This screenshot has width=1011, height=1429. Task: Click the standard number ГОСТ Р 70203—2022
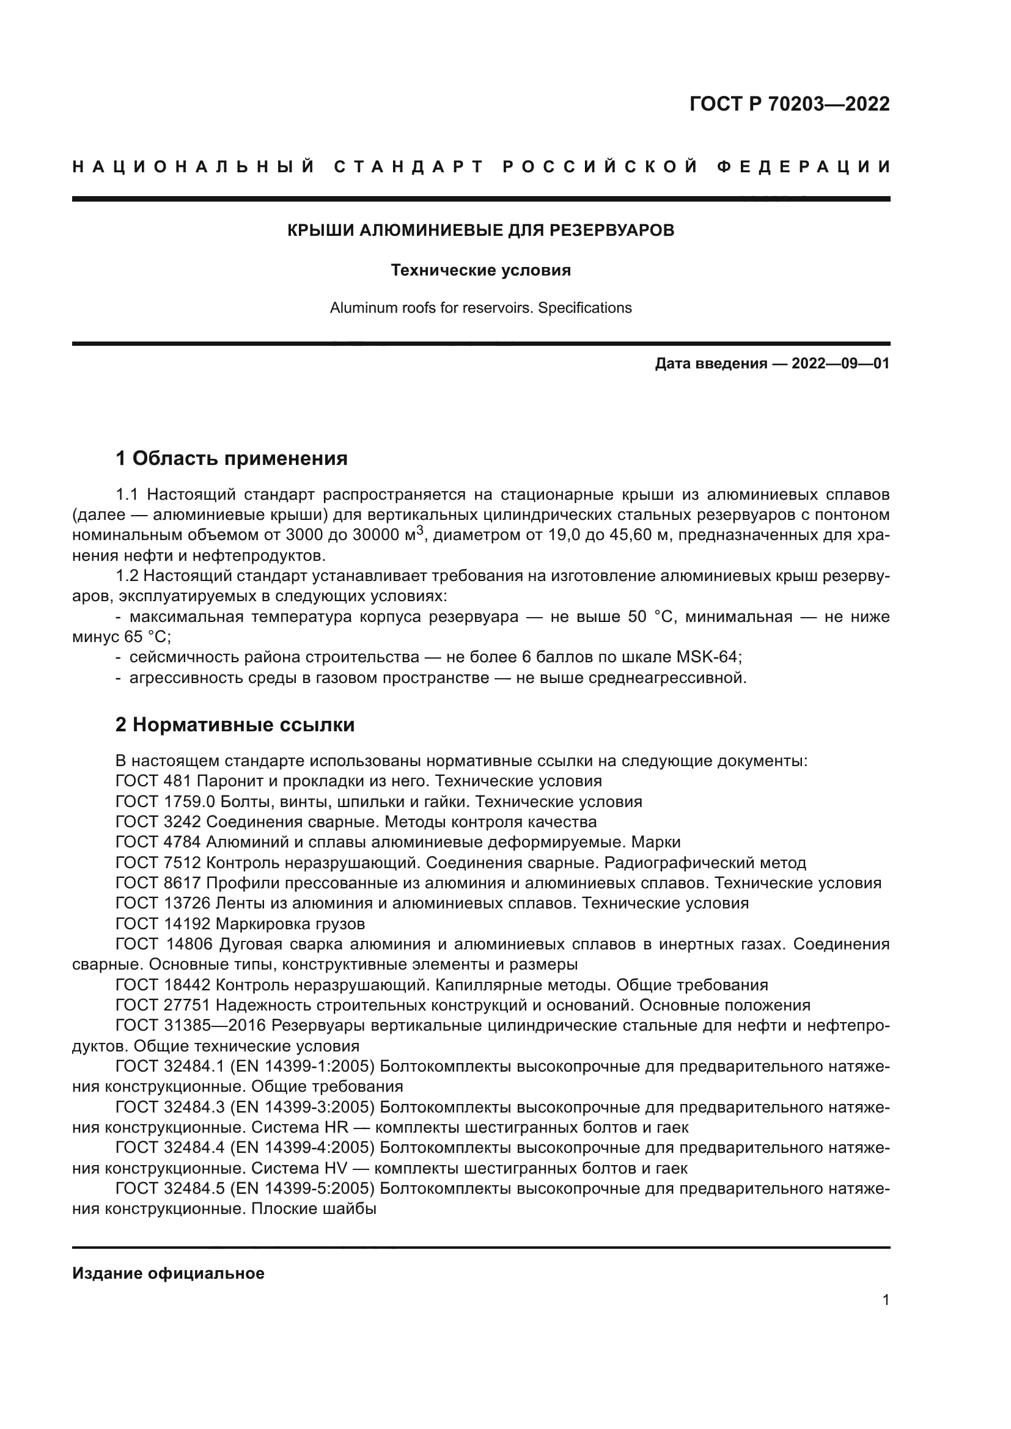[x=789, y=104]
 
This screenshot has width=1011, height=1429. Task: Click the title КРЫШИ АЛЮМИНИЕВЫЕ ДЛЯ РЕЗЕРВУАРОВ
[x=480, y=230]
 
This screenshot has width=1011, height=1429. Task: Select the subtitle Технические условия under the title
[x=480, y=270]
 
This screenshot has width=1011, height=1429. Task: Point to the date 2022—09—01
[x=840, y=364]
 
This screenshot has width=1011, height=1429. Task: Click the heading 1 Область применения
[x=232, y=459]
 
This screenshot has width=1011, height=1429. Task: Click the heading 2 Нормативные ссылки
[x=235, y=725]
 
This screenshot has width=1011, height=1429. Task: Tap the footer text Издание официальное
[x=168, y=1273]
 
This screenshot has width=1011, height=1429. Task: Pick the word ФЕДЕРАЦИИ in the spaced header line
[x=803, y=167]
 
